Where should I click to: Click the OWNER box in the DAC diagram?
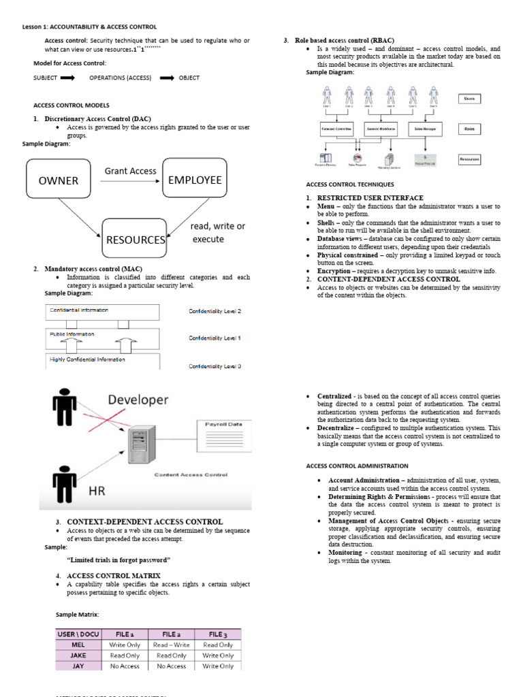click(58, 180)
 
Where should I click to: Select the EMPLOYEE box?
click(195, 180)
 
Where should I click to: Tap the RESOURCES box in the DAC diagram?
click(135, 240)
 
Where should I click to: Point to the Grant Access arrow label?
click(130, 171)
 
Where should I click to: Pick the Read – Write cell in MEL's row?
click(171, 645)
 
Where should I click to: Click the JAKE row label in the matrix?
click(78, 655)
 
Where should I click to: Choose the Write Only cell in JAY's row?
click(218, 666)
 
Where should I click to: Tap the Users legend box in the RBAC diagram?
click(469, 99)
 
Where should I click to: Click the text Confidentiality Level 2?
click(215, 311)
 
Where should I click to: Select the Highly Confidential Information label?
click(87, 359)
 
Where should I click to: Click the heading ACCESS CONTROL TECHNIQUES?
click(350, 184)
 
